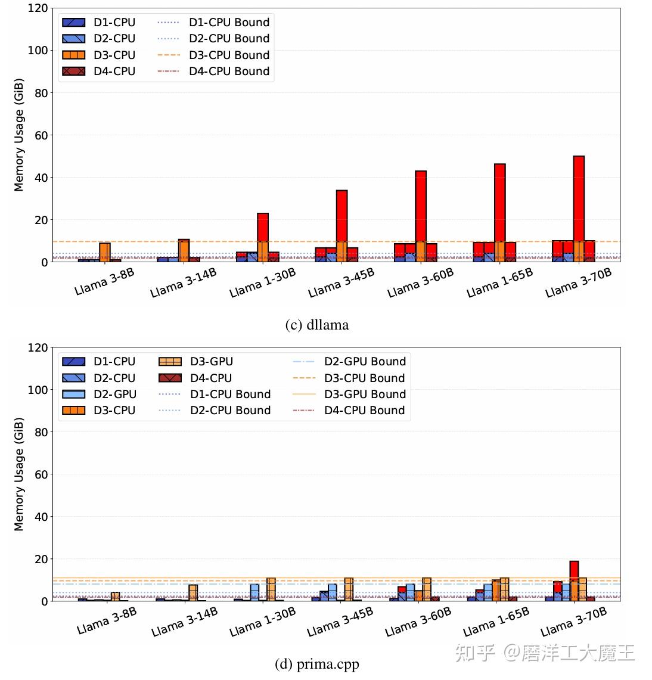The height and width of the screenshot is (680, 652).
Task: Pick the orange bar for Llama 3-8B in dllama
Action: tap(105, 252)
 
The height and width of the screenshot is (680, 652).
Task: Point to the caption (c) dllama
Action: tap(316, 325)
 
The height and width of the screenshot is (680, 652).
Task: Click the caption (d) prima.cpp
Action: tap(316, 664)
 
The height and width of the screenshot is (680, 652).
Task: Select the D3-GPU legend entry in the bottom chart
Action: tap(197, 361)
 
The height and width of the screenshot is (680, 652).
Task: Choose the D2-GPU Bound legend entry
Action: tap(349, 361)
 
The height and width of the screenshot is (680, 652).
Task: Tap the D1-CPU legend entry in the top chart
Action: tap(99, 22)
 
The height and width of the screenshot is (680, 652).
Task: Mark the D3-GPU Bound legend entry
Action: tap(349, 394)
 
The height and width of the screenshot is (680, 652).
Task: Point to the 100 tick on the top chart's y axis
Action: tap(38, 51)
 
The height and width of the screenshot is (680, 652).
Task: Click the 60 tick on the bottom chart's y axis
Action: tap(41, 474)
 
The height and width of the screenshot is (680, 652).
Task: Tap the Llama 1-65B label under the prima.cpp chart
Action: tap(496, 622)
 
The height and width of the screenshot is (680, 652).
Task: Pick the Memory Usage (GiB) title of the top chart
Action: tap(19, 135)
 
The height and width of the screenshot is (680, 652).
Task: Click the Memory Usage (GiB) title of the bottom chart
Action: tap(19, 474)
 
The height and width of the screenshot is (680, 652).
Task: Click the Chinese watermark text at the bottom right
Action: tap(545, 653)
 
